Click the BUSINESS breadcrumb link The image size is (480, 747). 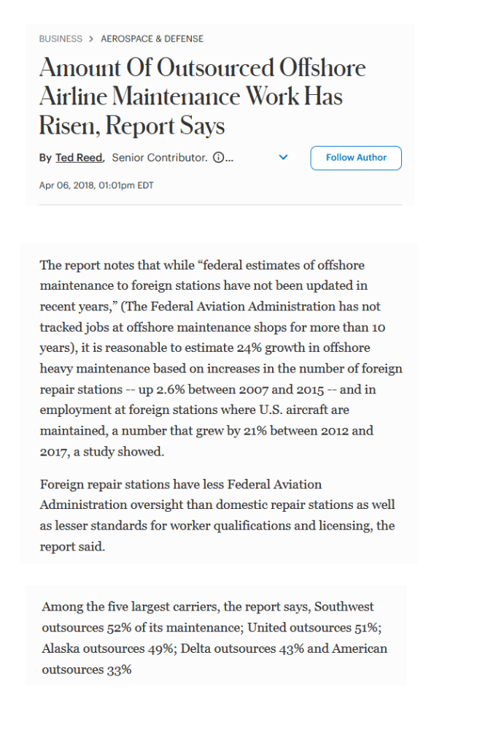click(x=61, y=39)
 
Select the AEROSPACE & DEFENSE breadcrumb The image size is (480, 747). click(x=152, y=39)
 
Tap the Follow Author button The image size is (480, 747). click(x=356, y=158)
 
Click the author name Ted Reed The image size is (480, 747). click(x=80, y=158)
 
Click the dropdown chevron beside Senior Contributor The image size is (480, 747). click(x=284, y=158)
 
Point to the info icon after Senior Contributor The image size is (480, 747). click(x=217, y=158)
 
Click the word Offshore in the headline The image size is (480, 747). click(x=323, y=68)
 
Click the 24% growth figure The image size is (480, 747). click(x=257, y=348)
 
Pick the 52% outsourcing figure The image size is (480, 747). click(x=116, y=628)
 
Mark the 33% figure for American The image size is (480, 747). click(x=119, y=670)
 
